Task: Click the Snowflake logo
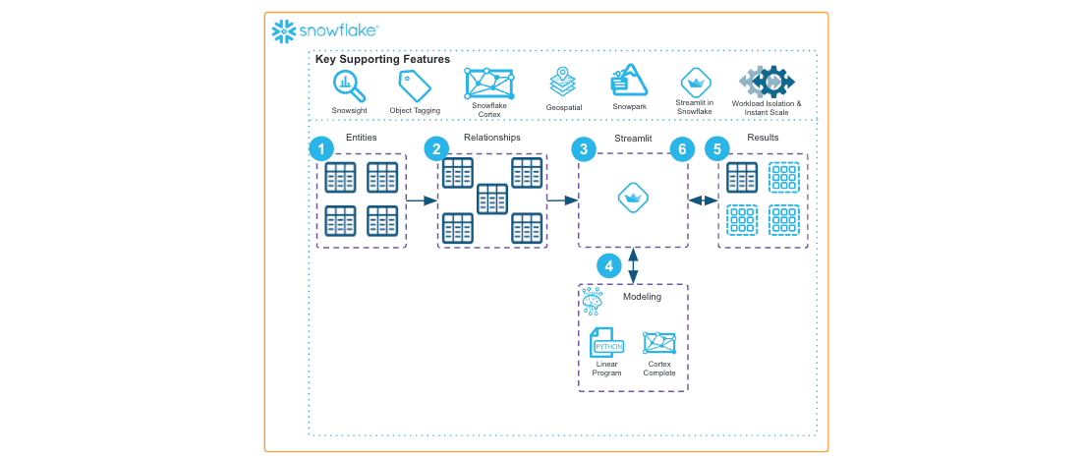pyautogui.click(x=324, y=31)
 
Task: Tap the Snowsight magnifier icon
pyautogui.click(x=349, y=86)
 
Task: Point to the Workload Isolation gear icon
pyautogui.click(x=767, y=81)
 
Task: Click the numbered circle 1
pyautogui.click(x=320, y=149)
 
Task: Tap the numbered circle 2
pyautogui.click(x=437, y=149)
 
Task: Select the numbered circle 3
pyautogui.click(x=585, y=149)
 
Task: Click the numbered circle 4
pyautogui.click(x=609, y=265)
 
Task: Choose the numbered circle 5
pyautogui.click(x=718, y=149)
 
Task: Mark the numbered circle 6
pyautogui.click(x=681, y=149)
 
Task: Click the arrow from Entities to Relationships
pyautogui.click(x=422, y=201)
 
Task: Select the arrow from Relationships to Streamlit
pyautogui.click(x=562, y=201)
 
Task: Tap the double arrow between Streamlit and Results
pyautogui.click(x=703, y=201)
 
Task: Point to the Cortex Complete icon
pyautogui.click(x=658, y=343)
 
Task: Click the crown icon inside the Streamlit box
pyautogui.click(x=632, y=199)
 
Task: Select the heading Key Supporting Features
pyautogui.click(x=382, y=60)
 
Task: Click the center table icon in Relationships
pyautogui.click(x=491, y=200)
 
